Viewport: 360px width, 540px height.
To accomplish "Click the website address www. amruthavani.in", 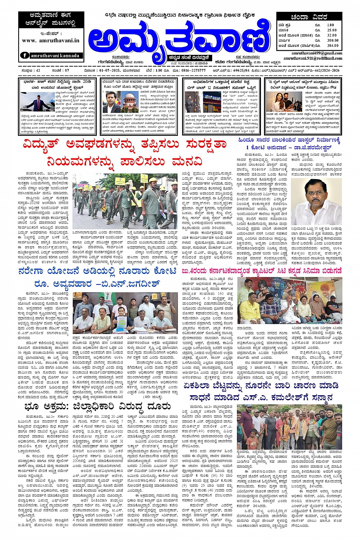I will pyautogui.click(x=50, y=40).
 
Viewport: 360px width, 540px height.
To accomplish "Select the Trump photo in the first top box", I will pyautogui.click(x=37, y=101).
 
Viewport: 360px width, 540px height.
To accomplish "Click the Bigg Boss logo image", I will pyautogui.click(x=212, y=101).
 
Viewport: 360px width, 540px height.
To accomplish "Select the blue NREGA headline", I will pyautogui.click(x=98, y=278).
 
